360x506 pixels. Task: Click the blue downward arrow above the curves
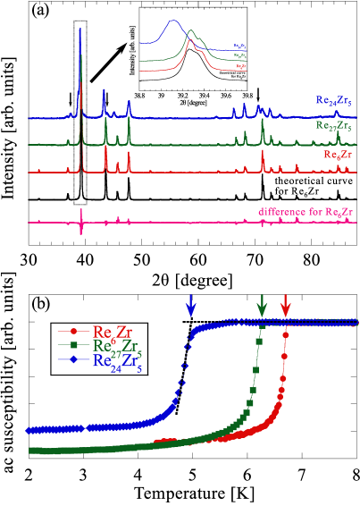tap(190, 306)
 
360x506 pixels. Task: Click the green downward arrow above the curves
tap(262, 305)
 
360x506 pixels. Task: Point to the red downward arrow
tap(285, 305)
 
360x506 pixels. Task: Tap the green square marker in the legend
tap(73, 346)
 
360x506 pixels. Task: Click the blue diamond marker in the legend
tap(73, 360)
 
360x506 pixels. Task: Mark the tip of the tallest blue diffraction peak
tap(80, 30)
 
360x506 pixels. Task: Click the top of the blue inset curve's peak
tap(172, 21)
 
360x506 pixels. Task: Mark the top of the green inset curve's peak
tap(190, 32)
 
